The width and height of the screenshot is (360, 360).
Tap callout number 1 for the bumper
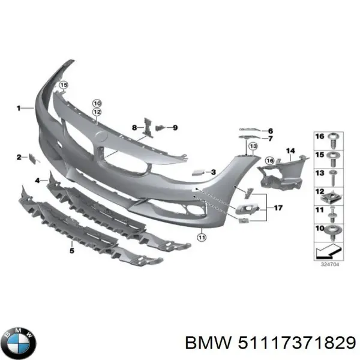(19, 108)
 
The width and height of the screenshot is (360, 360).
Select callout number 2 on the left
(19, 157)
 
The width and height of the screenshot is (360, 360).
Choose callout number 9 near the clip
(175, 127)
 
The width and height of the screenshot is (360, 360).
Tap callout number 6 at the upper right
(271, 131)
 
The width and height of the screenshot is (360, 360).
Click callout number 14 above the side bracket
(290, 151)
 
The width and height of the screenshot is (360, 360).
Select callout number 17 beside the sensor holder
(277, 208)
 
